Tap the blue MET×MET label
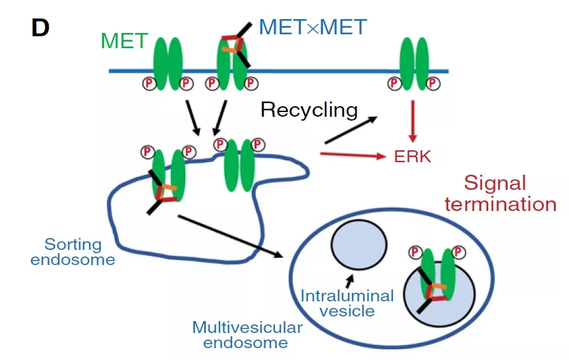coord(313,27)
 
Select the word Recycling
coord(309,109)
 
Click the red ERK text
coord(413,157)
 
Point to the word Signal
coord(495,183)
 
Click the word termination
coord(500,204)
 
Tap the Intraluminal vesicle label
coord(347,303)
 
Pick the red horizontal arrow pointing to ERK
coord(351,156)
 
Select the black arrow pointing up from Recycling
coord(351,130)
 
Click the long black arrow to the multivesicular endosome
coord(230,236)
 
